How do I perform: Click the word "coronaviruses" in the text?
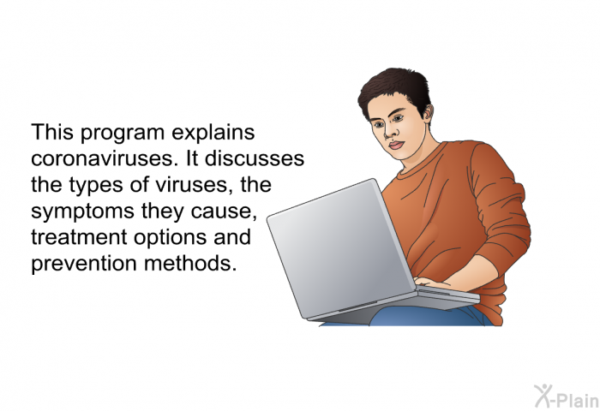(x=102, y=158)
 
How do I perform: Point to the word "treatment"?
(x=79, y=236)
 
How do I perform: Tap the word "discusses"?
(x=255, y=158)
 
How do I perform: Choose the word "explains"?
(x=213, y=134)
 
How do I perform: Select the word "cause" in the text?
(x=221, y=211)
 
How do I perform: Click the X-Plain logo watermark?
(x=567, y=396)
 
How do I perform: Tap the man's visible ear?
(x=428, y=112)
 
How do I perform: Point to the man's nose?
(x=389, y=132)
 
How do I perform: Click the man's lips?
(x=396, y=146)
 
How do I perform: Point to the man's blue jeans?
(x=425, y=317)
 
